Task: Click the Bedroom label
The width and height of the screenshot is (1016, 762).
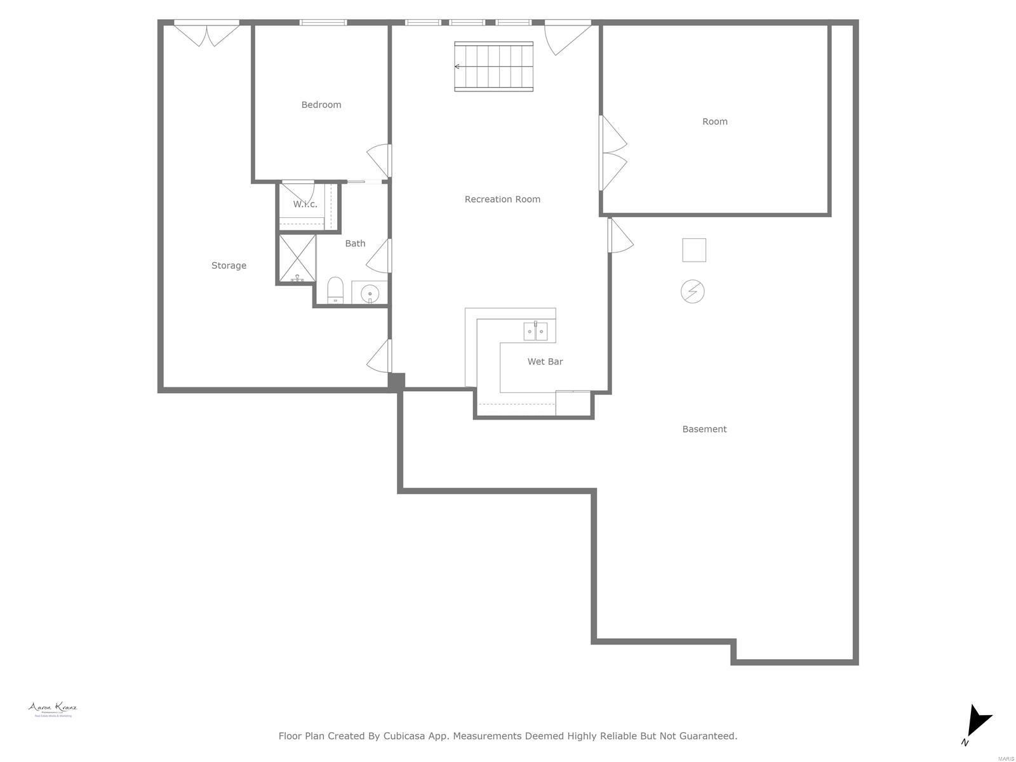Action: coord(321,105)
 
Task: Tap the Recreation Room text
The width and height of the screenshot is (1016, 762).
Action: coord(502,199)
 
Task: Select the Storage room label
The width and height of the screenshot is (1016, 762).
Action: coord(229,265)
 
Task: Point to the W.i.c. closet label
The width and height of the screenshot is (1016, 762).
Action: coord(305,204)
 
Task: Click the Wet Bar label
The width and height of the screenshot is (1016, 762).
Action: coord(545,361)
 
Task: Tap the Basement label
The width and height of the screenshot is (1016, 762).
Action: coord(704,429)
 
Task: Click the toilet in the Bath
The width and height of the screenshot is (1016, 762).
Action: coord(335,291)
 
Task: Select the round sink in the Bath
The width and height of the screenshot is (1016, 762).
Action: coord(370,293)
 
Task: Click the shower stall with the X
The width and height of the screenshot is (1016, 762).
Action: coord(297,258)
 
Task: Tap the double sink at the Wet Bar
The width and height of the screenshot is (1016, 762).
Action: coord(535,331)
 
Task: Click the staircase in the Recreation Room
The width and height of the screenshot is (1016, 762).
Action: coord(494,66)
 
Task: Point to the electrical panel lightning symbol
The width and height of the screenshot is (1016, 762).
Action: coord(693,291)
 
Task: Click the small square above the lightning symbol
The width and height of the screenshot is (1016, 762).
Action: coord(694,250)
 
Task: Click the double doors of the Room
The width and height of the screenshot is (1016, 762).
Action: coord(613,153)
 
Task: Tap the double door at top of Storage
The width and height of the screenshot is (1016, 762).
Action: coord(207,33)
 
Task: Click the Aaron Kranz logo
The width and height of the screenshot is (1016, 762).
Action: coord(53,709)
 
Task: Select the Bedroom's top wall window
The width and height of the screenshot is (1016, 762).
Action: coord(323,23)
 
